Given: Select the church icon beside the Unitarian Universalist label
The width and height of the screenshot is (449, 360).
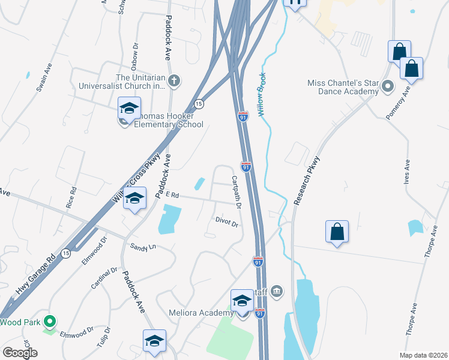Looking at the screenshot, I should coord(174,80).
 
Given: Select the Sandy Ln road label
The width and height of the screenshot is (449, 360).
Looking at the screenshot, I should coord(143,246).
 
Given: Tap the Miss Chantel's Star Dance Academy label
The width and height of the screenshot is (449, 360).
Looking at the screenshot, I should coord(343,87).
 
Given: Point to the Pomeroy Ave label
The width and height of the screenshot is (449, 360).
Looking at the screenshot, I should coord(398,103).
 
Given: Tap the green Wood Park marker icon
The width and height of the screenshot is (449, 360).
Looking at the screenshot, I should coord(51,322).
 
